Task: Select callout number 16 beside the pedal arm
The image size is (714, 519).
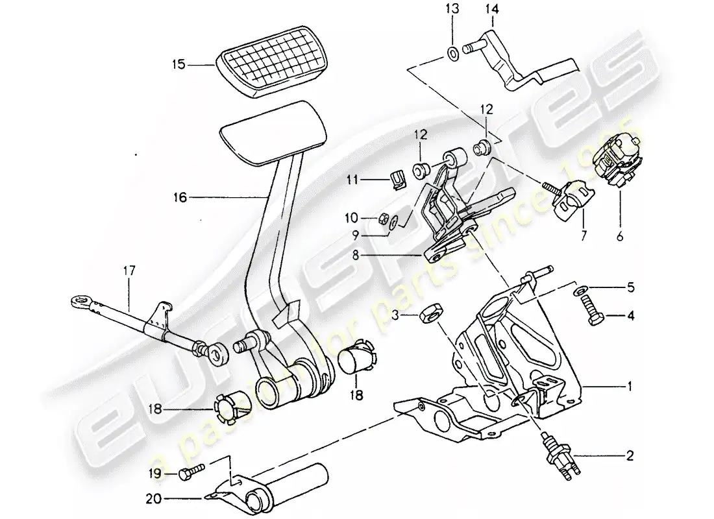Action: [178, 197]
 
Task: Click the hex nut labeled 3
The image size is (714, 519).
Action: [429, 315]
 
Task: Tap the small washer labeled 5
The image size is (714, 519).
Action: [578, 287]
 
